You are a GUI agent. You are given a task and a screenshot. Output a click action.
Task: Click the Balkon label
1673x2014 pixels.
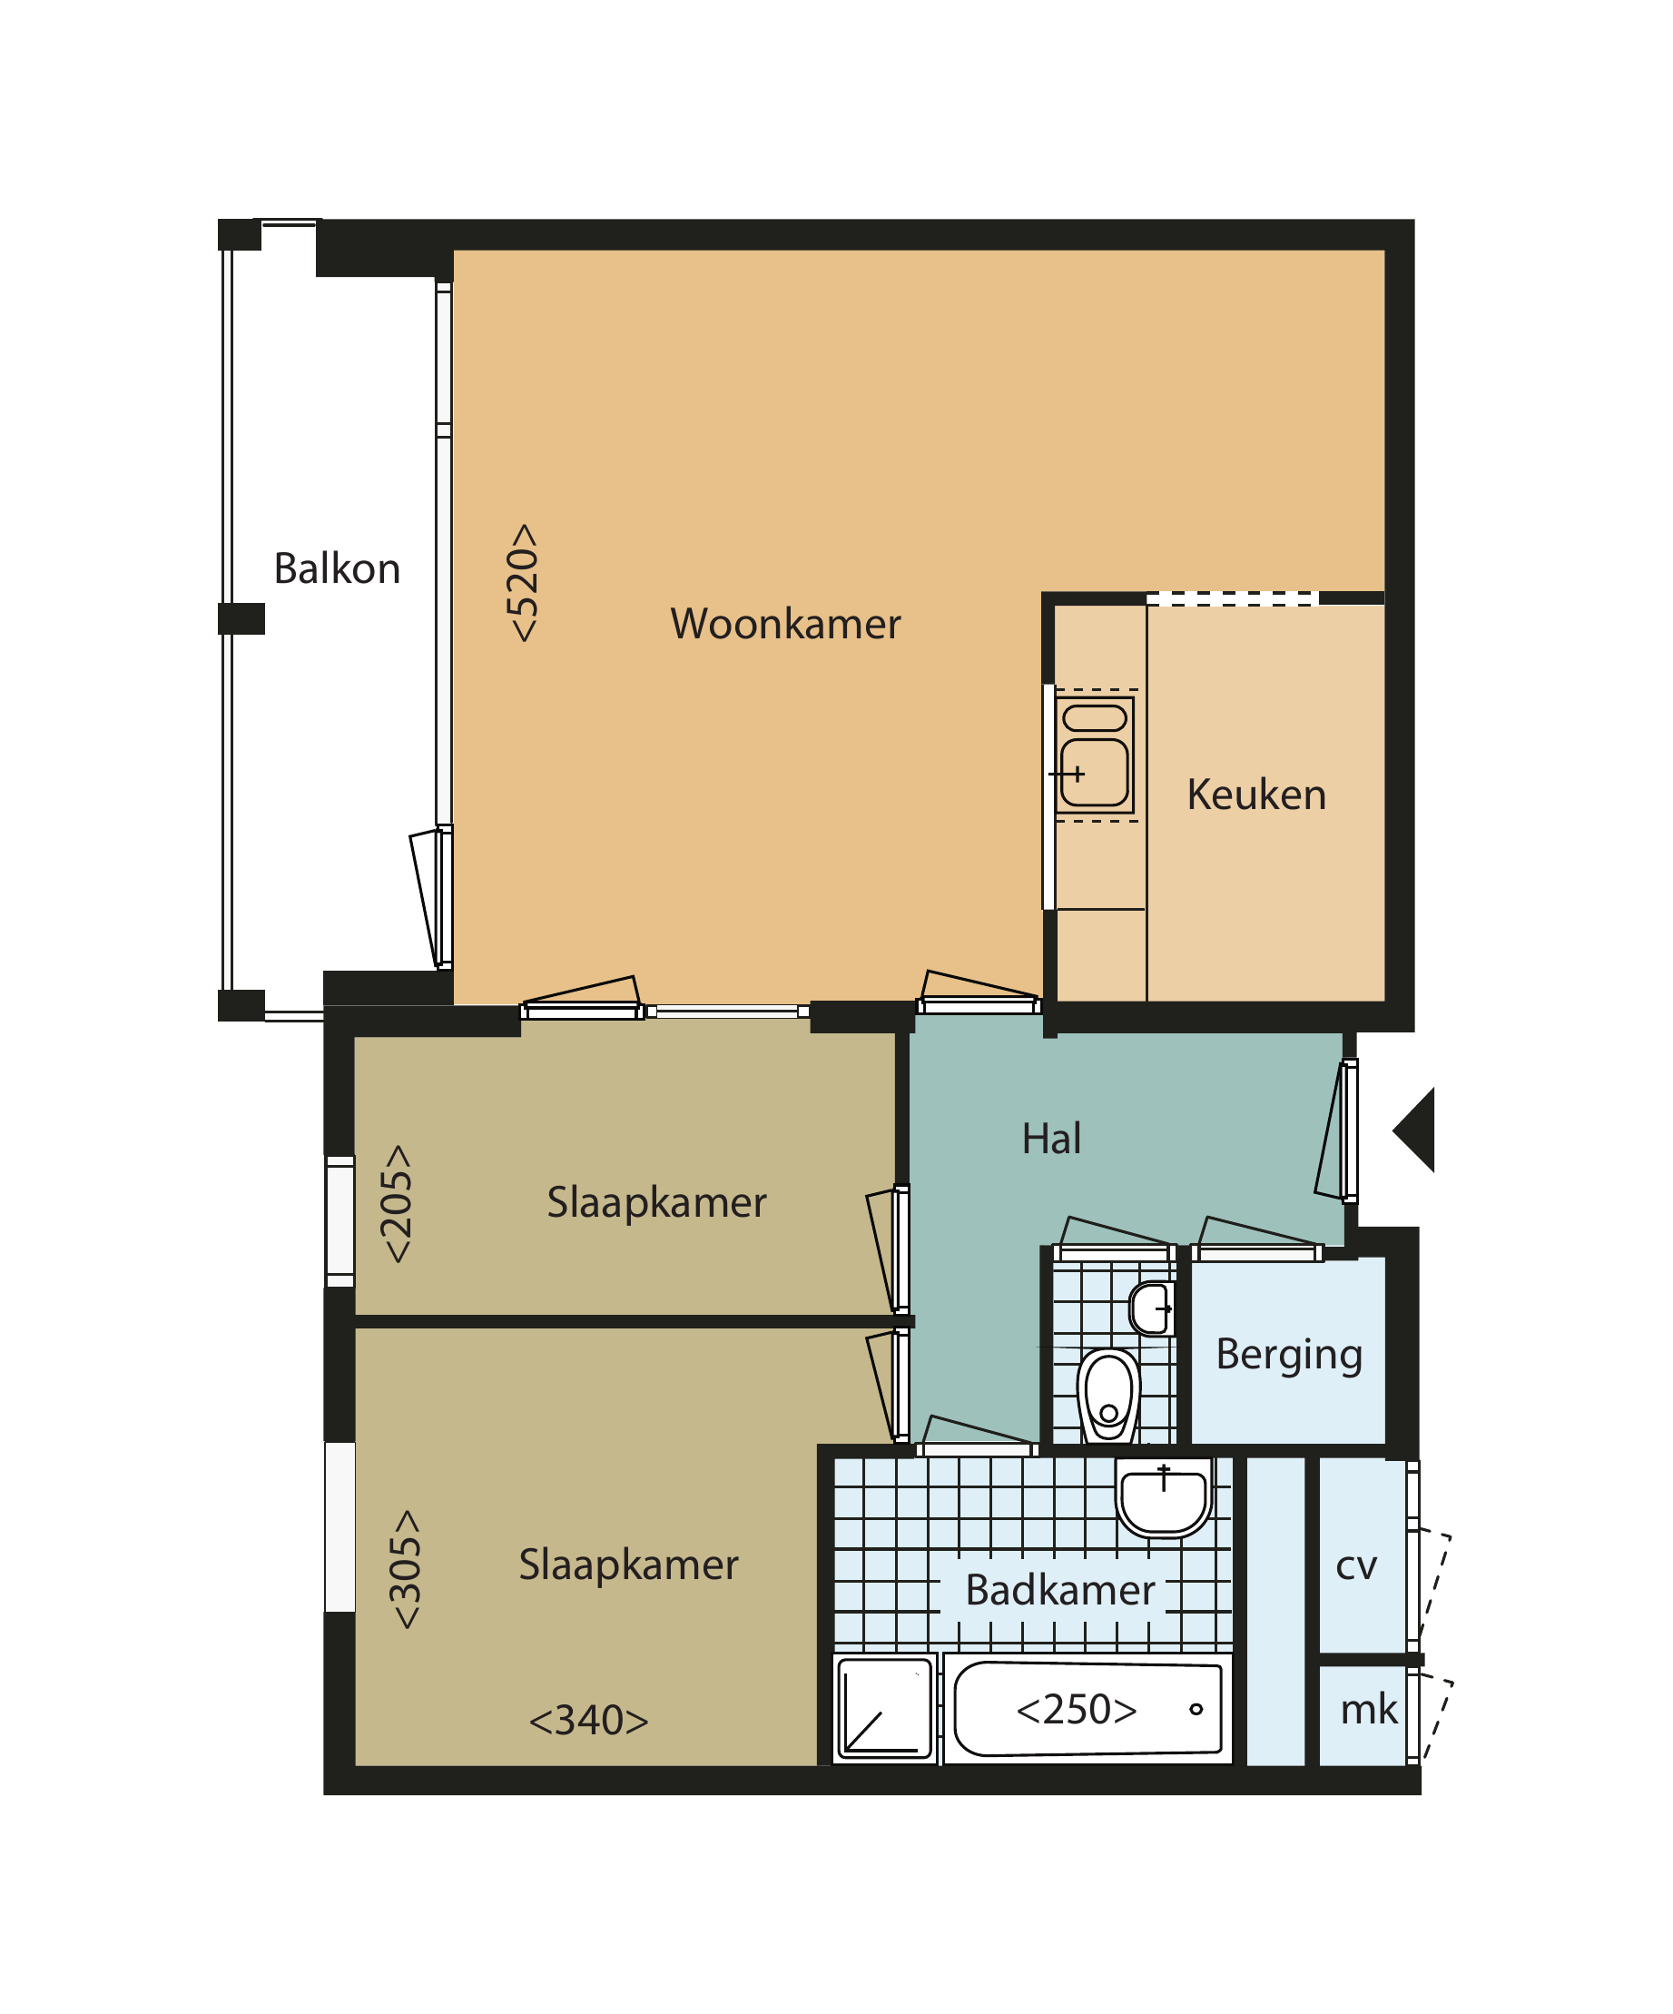[337, 568]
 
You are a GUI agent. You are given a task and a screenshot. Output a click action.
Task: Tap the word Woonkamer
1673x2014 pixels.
[785, 625]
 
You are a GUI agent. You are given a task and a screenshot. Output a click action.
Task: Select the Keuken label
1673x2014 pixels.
[1256, 795]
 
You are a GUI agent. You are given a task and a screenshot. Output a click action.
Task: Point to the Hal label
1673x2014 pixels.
[1051, 1139]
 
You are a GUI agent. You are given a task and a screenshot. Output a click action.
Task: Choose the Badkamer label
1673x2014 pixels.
[1059, 1589]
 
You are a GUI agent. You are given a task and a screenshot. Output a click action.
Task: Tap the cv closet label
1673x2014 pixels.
[1355, 1566]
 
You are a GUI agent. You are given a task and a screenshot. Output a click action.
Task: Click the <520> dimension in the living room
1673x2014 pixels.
[523, 582]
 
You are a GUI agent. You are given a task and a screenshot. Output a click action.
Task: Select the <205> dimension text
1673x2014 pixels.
[396, 1204]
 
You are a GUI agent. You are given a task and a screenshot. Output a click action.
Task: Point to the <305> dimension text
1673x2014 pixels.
[405, 1569]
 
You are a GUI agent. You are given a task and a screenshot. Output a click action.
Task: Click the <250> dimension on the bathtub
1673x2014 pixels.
[1076, 1709]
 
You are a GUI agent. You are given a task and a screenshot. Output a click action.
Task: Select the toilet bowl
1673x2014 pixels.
[1108, 1396]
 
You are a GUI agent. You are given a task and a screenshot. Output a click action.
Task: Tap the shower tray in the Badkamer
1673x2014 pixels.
[885, 1709]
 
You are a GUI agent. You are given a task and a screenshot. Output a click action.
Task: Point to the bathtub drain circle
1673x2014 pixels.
[1196, 1709]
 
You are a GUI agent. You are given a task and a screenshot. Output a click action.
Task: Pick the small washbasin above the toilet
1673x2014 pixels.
[1151, 1308]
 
